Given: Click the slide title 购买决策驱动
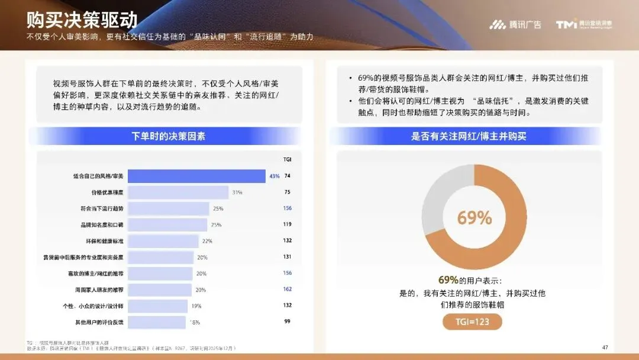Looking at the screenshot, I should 82,20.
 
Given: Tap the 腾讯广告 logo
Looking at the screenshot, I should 515,24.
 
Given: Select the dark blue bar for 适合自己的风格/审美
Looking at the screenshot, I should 196,176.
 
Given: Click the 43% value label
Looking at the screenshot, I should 275,176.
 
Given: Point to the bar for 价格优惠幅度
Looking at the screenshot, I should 178,192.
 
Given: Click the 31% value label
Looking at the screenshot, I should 237,192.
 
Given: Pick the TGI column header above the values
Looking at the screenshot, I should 288,159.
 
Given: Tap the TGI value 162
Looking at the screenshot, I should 288,290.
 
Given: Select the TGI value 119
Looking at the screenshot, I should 288,224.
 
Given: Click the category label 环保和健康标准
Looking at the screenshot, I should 105,241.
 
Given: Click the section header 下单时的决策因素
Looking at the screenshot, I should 169,137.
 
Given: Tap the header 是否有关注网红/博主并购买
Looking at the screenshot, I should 469,137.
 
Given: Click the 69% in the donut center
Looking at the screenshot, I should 474,218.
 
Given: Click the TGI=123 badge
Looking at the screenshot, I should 472,322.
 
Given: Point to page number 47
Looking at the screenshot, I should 605,347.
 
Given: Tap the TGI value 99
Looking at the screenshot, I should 288,322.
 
